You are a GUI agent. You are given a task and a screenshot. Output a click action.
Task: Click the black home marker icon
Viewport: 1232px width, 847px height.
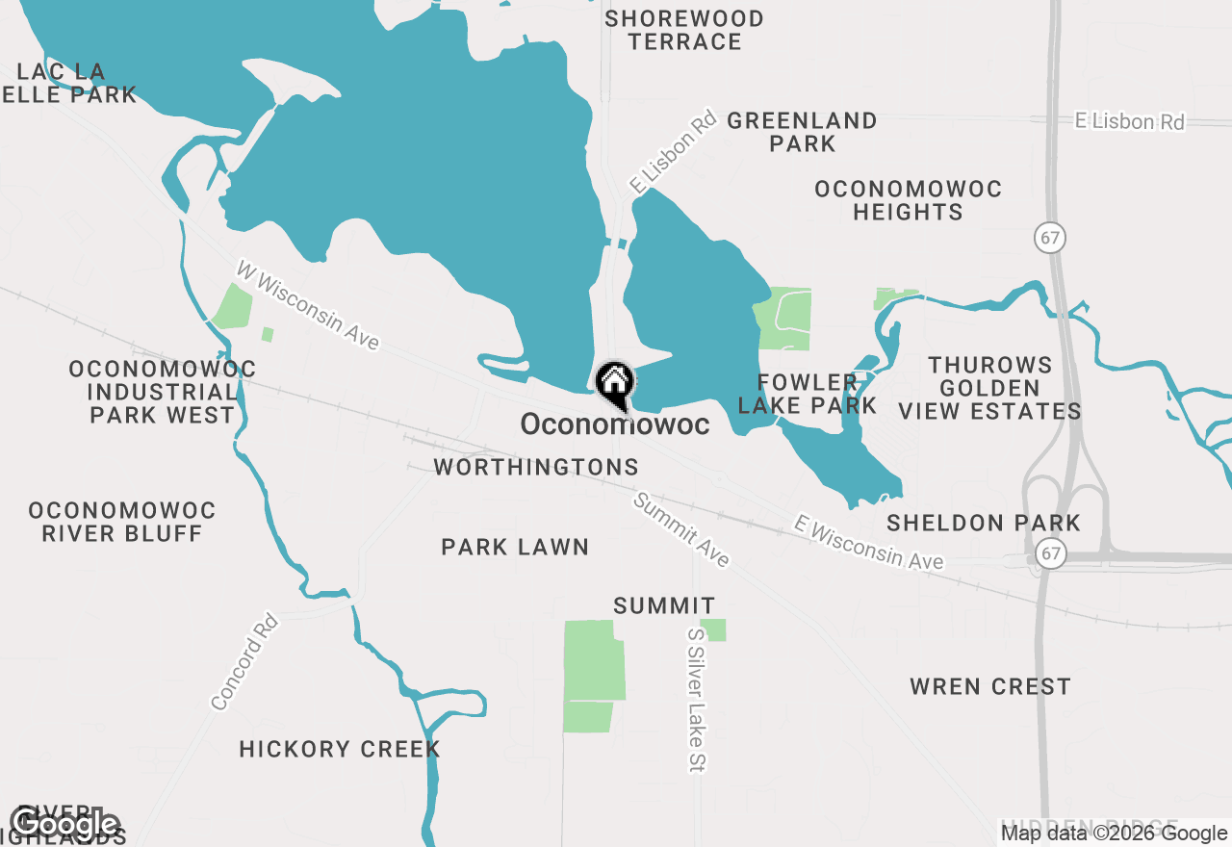614,383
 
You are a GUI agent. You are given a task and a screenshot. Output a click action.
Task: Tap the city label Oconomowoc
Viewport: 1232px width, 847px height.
615,424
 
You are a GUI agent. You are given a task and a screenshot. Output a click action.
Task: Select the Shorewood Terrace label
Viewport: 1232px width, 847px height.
684,30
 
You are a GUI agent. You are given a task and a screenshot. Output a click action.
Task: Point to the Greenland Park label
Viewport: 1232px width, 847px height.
802,132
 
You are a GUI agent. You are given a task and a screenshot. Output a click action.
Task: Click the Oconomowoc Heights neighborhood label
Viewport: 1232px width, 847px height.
908,200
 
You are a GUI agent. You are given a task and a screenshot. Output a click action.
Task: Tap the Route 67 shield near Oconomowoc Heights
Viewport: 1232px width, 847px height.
1052,237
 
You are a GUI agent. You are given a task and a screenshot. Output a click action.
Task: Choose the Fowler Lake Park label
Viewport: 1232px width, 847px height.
807,395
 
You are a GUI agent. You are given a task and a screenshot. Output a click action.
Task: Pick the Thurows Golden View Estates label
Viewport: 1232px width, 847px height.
990,388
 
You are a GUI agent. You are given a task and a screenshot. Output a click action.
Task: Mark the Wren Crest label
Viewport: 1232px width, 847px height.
990,686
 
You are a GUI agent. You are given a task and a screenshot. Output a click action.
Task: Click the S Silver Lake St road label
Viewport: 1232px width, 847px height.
697,700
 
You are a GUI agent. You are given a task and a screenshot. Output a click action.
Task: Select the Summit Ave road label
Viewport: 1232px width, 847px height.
681,530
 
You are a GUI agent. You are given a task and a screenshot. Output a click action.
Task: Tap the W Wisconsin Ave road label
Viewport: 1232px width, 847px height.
308,305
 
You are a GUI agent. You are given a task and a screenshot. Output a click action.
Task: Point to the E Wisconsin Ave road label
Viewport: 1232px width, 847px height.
869,542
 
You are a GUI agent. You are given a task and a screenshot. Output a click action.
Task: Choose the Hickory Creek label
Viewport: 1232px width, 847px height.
340,749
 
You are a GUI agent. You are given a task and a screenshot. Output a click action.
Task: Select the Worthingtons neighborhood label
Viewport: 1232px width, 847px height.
536,468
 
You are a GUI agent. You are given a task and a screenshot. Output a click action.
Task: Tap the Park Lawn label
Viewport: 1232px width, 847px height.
515,547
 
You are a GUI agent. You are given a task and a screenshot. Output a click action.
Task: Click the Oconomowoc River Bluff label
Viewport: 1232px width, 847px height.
122,522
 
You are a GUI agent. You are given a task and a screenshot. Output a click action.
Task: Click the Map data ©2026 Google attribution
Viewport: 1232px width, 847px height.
1115,834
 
